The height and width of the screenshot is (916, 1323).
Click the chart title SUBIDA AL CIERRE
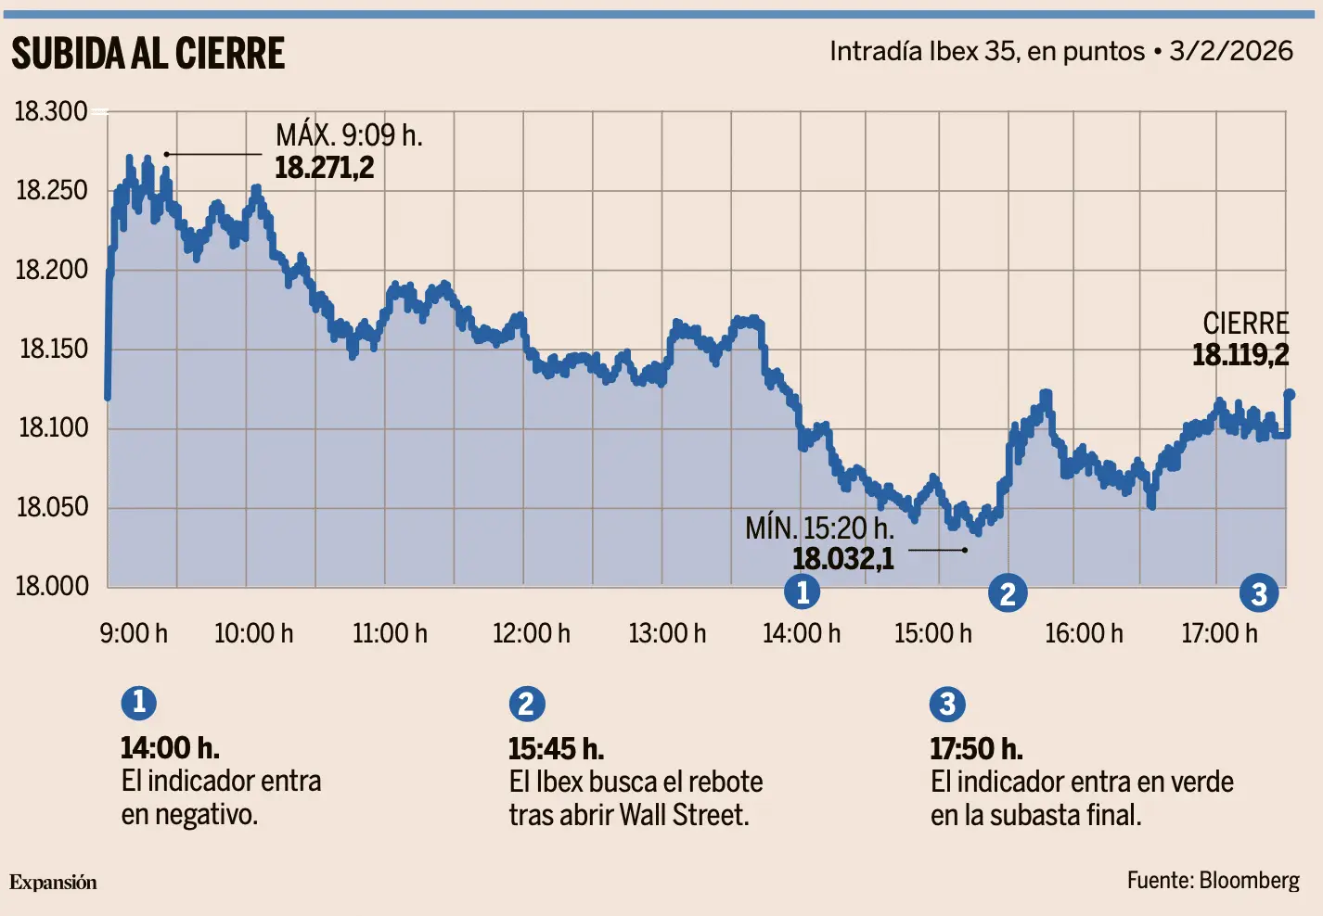click(x=148, y=53)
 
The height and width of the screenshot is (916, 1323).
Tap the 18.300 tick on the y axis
click(x=51, y=111)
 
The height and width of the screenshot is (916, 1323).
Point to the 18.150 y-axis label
click(x=54, y=349)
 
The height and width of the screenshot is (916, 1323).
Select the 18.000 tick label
click(x=52, y=586)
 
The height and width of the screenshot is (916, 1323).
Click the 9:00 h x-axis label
click(x=134, y=633)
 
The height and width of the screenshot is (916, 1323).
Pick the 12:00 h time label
click(x=532, y=633)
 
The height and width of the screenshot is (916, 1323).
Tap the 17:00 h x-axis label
click(x=1220, y=633)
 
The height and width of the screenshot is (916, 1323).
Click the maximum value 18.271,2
click(x=324, y=168)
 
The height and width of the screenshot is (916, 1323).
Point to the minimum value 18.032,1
click(x=842, y=559)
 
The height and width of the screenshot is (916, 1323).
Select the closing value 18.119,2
click(x=1240, y=355)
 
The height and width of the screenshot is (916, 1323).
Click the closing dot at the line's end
click(x=1290, y=394)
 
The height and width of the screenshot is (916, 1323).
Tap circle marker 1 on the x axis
click(x=803, y=592)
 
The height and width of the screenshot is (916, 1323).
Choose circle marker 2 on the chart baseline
click(x=1008, y=592)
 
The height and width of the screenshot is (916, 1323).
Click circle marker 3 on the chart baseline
click(x=1259, y=592)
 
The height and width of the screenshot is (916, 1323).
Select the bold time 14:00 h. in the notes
click(x=170, y=748)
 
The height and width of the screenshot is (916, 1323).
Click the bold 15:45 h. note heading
click(x=557, y=749)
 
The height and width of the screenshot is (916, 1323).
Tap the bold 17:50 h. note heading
click(x=977, y=749)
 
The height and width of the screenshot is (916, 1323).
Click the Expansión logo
click(x=53, y=883)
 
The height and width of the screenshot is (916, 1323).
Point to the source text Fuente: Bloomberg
click(x=1214, y=881)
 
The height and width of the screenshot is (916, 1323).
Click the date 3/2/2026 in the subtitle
click(x=1231, y=51)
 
